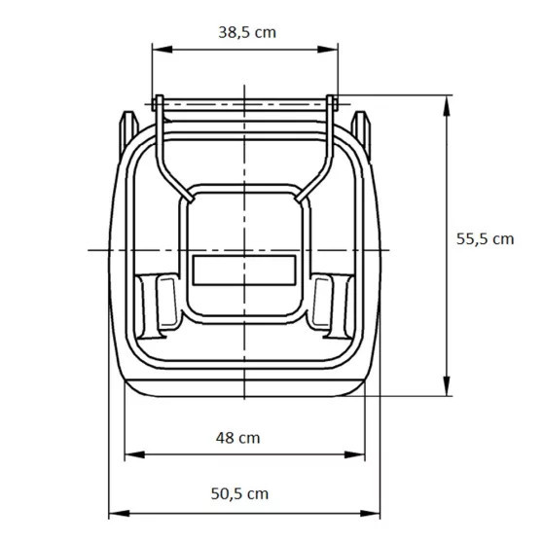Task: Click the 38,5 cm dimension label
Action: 246,31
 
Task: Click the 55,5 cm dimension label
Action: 484,237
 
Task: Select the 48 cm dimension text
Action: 237,437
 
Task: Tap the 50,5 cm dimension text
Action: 238,493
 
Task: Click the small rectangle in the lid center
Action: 243,269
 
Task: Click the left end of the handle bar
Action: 158,101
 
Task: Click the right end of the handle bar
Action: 333,101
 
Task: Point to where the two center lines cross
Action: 243,250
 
